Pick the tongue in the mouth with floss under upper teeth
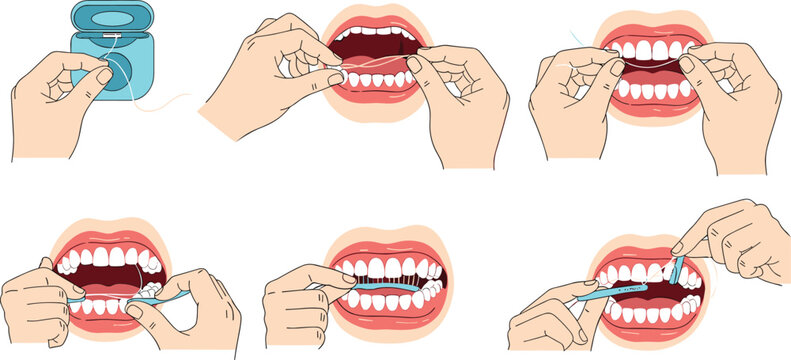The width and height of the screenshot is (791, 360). pyautogui.click(x=651, y=74)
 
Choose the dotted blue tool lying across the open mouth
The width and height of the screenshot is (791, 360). pyautogui.click(x=620, y=291)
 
